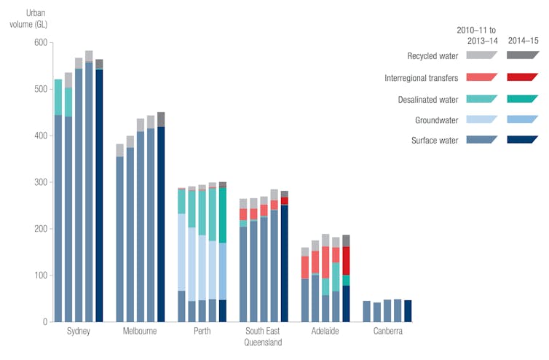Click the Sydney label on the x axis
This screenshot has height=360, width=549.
click(78, 332)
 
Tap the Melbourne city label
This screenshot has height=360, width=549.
click(141, 332)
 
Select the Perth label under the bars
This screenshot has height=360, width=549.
click(202, 332)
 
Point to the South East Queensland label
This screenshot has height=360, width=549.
click(264, 337)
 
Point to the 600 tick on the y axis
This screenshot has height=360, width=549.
click(39, 43)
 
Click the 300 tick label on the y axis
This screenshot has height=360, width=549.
click(39, 182)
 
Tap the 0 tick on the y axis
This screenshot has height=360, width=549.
click(44, 321)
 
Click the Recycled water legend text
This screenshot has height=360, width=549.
click(433, 55)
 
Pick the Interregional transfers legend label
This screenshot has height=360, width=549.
click(420, 77)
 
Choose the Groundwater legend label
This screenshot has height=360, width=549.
click(436, 120)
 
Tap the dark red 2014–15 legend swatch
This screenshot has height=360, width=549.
click(522, 77)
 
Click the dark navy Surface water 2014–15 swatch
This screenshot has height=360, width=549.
click(522, 140)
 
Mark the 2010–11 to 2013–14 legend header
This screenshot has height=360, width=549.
click(476, 34)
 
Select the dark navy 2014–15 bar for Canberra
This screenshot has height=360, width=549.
click(408, 311)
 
